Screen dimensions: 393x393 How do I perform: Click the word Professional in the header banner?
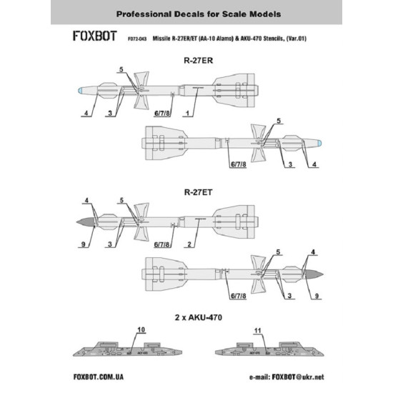click(132, 14)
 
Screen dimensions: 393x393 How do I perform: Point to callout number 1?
click(187, 114)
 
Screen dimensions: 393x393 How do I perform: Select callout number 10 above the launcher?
click(140, 331)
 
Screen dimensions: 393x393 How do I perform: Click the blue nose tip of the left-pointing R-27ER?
click(81, 91)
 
